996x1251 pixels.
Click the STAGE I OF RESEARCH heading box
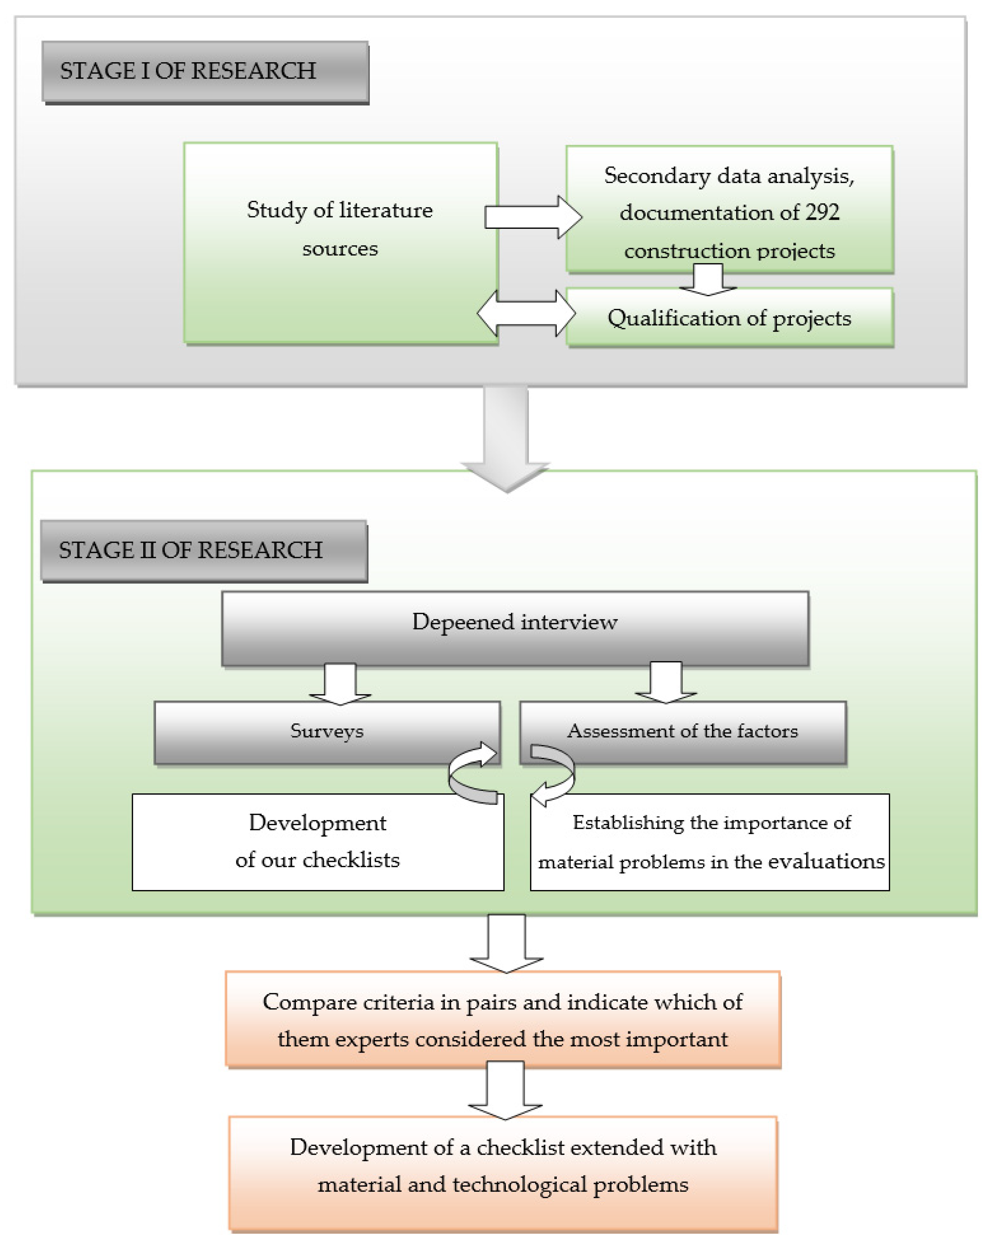coord(204,72)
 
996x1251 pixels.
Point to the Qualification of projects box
coord(729,318)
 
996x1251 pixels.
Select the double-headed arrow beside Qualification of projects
coord(526,313)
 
